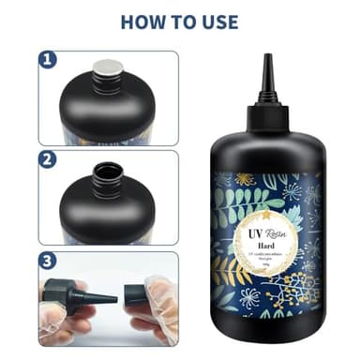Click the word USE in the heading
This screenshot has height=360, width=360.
(217, 21)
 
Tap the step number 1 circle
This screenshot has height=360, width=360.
(49, 61)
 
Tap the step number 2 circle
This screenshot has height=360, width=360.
(49, 157)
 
